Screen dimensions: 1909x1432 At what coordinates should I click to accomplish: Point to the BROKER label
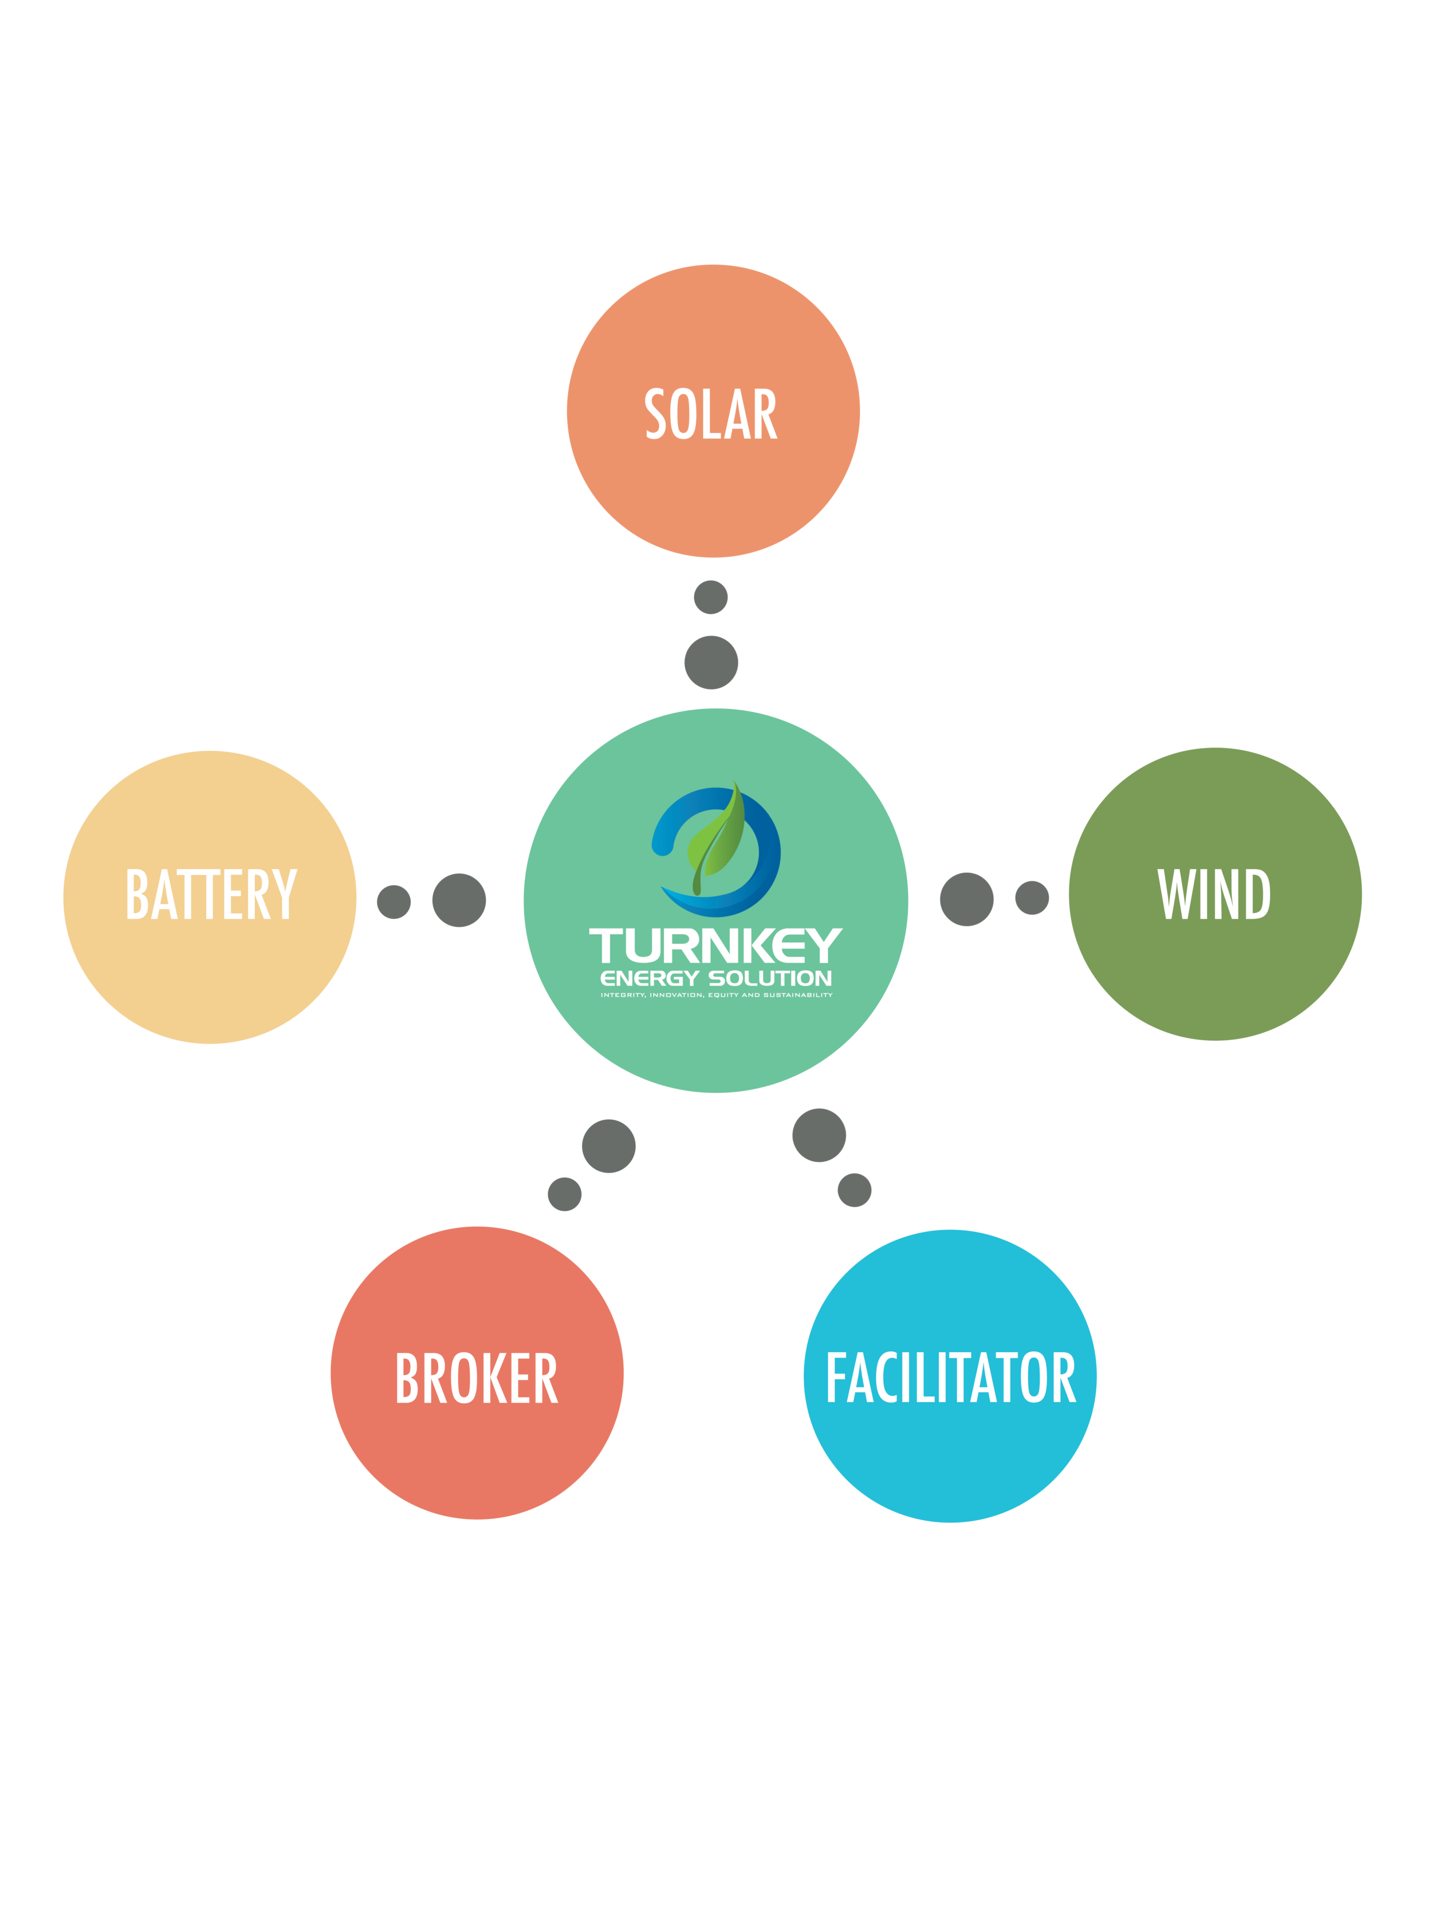tap(477, 1378)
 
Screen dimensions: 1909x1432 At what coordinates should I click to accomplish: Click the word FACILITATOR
tap(950, 1378)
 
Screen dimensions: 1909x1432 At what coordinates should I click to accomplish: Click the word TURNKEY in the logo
tap(715, 947)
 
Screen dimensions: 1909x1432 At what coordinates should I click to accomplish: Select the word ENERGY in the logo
tap(649, 979)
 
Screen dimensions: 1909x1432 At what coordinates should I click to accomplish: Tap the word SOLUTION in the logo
tap(770, 979)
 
